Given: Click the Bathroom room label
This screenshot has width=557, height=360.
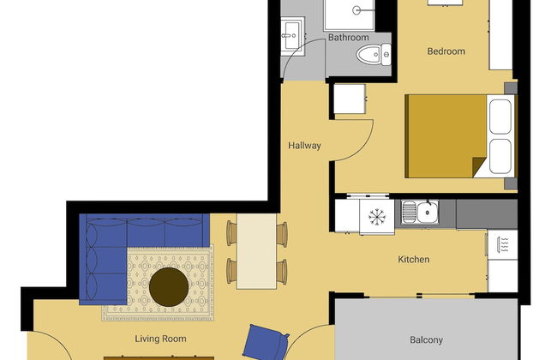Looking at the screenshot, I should tap(349, 38).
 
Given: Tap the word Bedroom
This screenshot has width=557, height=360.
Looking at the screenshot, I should tap(446, 51).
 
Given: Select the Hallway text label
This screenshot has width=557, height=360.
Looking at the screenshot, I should tap(304, 146).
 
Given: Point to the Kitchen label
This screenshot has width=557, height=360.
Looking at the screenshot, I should tap(413, 260).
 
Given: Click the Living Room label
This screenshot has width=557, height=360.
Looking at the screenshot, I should tap(160, 339).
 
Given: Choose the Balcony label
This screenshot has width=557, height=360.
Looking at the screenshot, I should tap(426, 339).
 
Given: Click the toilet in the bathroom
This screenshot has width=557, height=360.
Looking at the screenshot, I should tap(370, 57).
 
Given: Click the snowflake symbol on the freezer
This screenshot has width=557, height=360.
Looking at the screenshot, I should tap(376, 216).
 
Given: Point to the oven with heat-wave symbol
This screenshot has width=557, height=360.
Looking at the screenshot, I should tap(501, 243).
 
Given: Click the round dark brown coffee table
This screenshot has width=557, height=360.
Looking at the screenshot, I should tap(170, 286).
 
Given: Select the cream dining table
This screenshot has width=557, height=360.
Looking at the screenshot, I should tap(256, 250).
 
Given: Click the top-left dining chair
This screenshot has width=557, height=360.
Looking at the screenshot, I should tap(231, 231).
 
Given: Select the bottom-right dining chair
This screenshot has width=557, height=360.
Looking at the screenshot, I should tap(282, 272).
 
